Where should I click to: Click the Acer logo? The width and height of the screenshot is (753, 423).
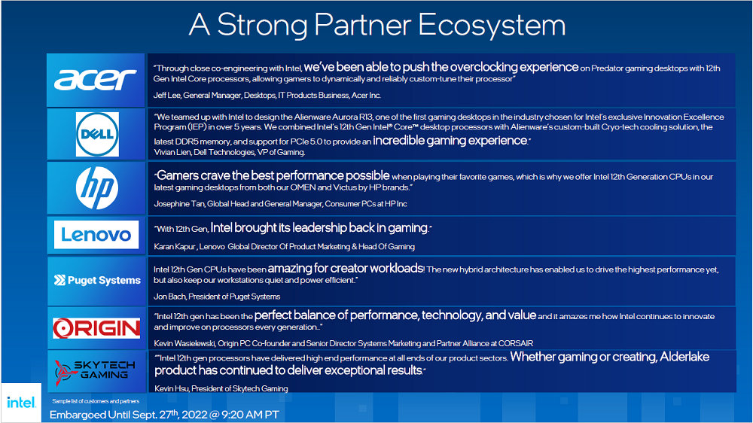coord(96,80)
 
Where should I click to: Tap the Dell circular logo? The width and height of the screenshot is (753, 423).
coord(97,135)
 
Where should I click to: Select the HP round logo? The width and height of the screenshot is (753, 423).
coord(97,187)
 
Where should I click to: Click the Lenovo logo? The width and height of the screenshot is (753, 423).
coord(96,235)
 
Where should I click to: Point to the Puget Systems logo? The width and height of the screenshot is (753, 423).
coord(97,281)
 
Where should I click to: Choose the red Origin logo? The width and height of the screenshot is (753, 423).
coord(96,328)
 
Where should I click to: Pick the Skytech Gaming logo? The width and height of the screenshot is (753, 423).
coord(95,371)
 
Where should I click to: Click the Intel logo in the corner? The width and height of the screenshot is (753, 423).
coord(21,403)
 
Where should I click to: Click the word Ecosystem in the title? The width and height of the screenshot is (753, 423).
coord(492,25)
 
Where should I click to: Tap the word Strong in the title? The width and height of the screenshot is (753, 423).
coord(262,25)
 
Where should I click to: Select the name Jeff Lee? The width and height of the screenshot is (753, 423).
coord(166,96)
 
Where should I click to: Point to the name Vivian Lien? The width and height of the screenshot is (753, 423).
coord(172,152)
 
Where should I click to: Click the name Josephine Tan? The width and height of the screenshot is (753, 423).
coord(178,204)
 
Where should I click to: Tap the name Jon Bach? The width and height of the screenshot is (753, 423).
coord(169,297)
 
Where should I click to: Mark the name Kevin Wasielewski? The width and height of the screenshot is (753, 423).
coord(184,344)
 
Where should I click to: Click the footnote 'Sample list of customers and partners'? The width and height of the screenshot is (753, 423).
coord(96,401)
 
